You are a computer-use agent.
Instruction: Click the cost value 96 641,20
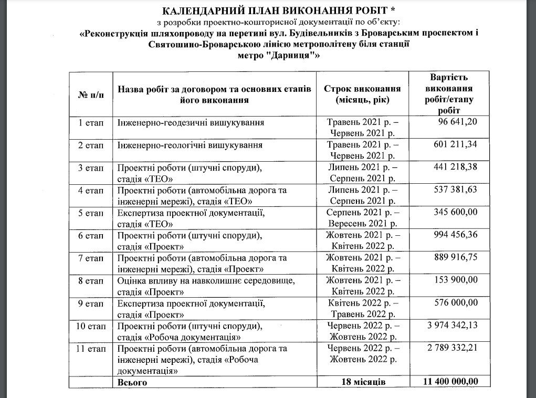(x=457, y=122)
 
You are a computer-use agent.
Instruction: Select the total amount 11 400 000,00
(x=450, y=382)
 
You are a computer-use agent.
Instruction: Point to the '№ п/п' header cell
(x=91, y=94)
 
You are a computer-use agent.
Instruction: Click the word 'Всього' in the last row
(x=132, y=382)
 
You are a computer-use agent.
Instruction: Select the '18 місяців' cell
(x=362, y=382)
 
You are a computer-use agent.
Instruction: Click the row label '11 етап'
(x=91, y=348)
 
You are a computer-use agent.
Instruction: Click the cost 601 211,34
(x=455, y=144)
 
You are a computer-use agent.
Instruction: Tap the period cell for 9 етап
(x=362, y=308)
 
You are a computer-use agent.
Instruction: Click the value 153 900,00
(x=455, y=280)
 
